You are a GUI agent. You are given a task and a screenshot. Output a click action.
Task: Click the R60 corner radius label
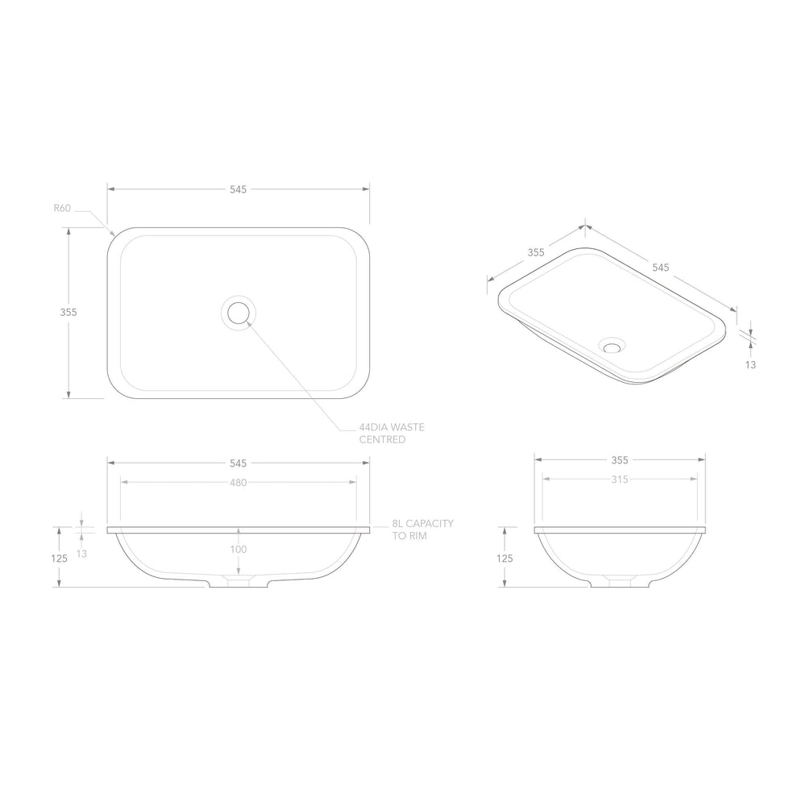[62, 208]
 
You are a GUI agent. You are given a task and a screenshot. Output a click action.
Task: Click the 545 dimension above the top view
[238, 189]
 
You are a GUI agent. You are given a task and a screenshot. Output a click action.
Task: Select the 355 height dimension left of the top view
[69, 312]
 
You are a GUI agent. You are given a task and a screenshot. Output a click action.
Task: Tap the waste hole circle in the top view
[239, 313]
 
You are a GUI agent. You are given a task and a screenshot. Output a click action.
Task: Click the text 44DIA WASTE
[392, 427]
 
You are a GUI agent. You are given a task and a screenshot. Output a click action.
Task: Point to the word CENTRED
[382, 439]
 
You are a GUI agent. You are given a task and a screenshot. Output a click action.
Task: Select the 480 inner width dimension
[238, 482]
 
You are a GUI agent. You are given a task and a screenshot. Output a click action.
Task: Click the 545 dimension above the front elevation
[238, 463]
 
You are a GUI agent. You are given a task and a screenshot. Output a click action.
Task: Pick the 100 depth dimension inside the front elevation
[238, 549]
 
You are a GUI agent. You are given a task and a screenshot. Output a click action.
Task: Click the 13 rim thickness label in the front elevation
[81, 554]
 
